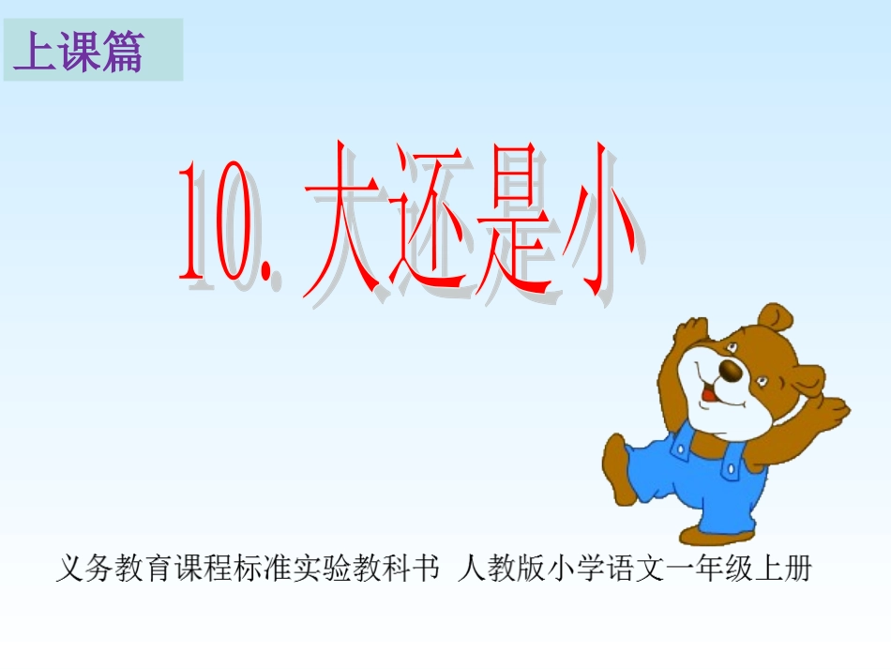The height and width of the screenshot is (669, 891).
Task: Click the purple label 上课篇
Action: pyautogui.click(x=79, y=53)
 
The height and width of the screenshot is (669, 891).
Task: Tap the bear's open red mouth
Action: pyautogui.click(x=710, y=394)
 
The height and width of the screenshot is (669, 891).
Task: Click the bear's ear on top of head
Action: pyautogui.click(x=776, y=318)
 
